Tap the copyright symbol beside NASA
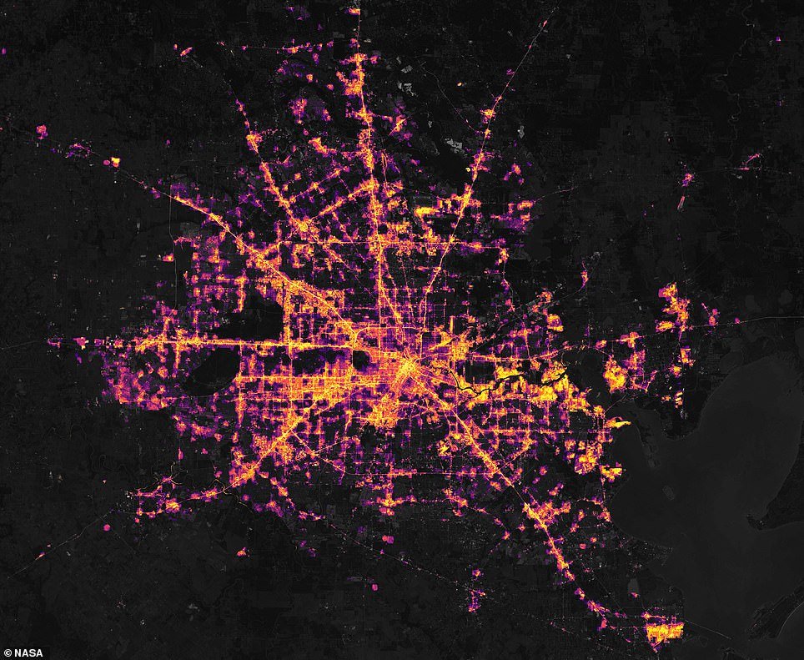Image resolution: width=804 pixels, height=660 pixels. pyautogui.click(x=8, y=652)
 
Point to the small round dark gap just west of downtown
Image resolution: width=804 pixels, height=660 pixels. pyautogui.click(x=360, y=359)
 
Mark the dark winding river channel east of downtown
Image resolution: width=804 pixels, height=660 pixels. pyautogui.click(x=475, y=385)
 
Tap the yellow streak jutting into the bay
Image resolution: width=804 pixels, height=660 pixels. pyautogui.click(x=617, y=425)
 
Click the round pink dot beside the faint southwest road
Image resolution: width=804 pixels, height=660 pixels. pyautogui.click(x=107, y=528)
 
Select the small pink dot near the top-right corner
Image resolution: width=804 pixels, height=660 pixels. pyautogui.click(x=776, y=39)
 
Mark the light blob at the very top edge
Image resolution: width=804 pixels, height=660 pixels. pyautogui.click(x=354, y=10)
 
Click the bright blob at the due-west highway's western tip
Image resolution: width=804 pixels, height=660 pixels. pyautogui.click(x=81, y=342)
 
